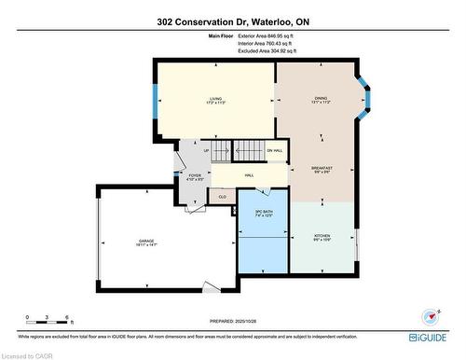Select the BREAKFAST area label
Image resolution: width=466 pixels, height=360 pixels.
[x=322, y=170]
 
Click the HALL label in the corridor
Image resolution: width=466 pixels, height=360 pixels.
[x=249, y=175]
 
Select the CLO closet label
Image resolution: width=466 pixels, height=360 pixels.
[x=223, y=197]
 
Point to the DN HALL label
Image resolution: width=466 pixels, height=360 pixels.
[x=275, y=151]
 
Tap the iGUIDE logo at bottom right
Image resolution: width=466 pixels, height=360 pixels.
[x=431, y=333]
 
